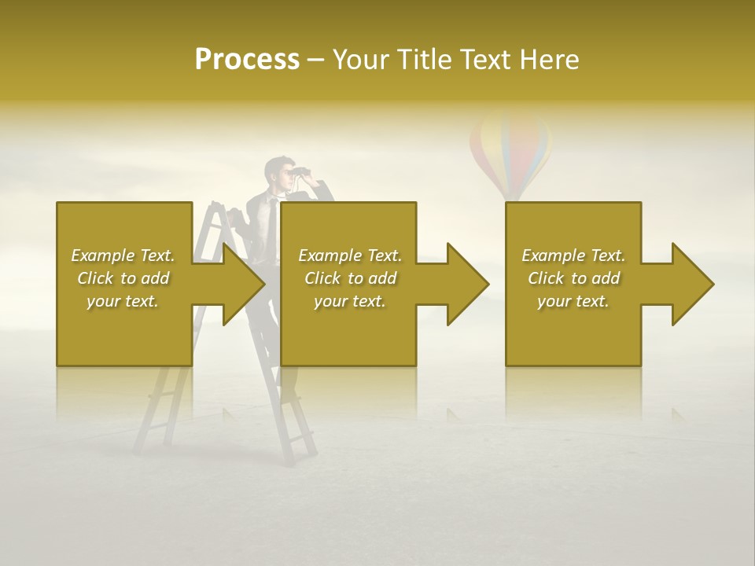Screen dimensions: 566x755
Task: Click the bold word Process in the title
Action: pos(247,60)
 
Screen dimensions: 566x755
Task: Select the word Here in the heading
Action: pos(551,60)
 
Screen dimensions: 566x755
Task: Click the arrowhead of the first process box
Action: pos(240,284)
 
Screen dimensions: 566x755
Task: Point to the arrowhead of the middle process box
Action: pos(465,284)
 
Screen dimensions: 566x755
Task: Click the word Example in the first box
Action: pos(103,255)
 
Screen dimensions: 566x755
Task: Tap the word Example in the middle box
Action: pos(330,255)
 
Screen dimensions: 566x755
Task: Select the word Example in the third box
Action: pos(554,255)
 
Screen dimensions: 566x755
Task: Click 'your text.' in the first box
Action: pos(123,301)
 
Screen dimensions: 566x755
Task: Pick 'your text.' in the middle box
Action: pos(350,301)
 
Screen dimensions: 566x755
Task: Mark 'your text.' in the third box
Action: pos(573,301)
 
